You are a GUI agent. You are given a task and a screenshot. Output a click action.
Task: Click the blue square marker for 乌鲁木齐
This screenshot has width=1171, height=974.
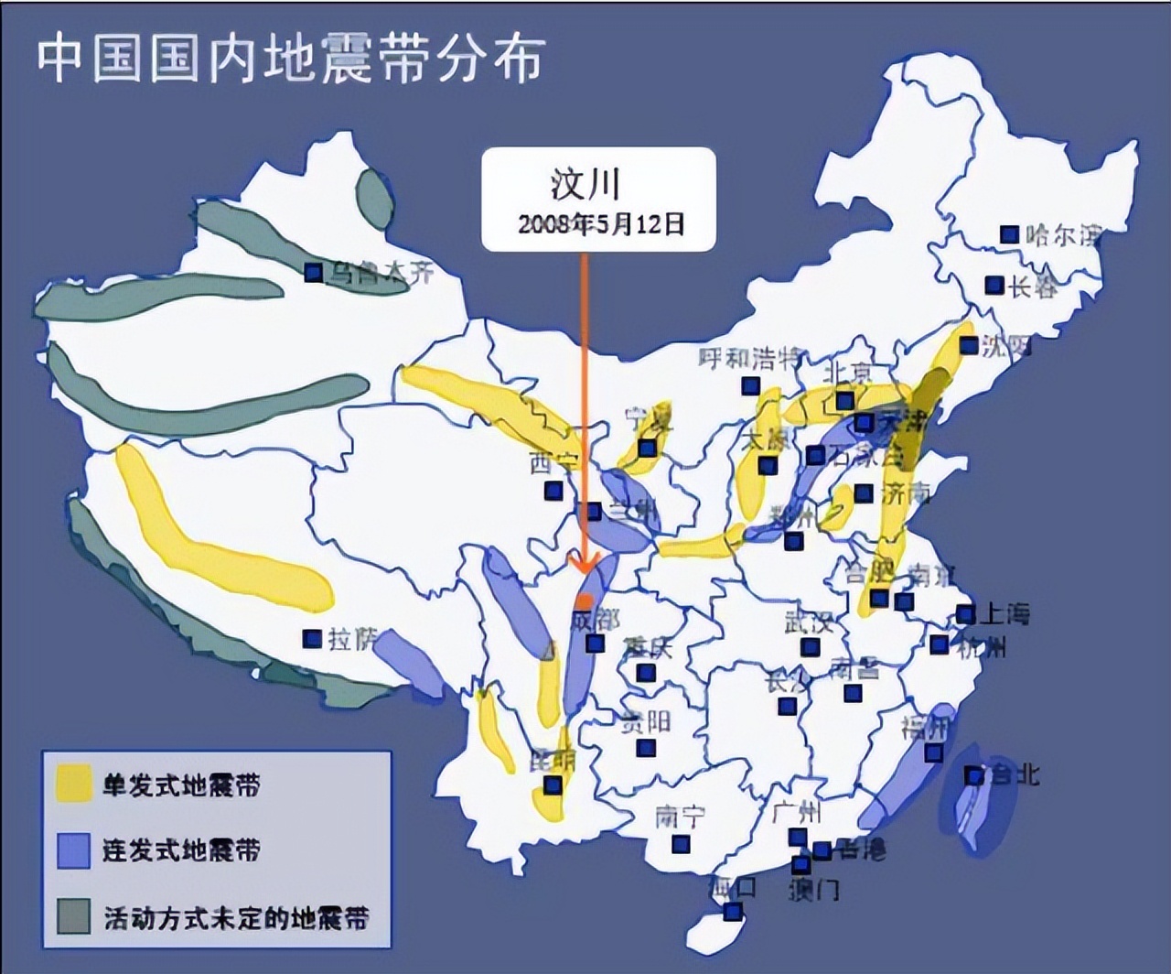[313, 272]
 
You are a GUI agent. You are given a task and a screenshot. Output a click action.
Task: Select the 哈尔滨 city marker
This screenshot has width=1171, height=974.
[1008, 235]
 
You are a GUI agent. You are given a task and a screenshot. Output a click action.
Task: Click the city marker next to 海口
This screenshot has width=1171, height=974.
[732, 912]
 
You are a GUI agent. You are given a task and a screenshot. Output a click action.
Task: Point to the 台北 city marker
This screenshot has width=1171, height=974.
[975, 776]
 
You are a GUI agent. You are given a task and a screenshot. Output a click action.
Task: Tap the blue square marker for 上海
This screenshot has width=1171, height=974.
[965, 613]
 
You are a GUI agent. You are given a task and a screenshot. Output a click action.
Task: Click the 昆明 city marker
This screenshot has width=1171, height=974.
[552, 785]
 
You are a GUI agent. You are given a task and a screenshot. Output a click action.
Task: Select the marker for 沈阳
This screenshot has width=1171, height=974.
[969, 345]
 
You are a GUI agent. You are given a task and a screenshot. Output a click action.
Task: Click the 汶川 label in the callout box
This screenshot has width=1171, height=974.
[585, 183]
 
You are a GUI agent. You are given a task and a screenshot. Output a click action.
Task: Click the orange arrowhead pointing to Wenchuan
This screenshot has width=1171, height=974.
[584, 560]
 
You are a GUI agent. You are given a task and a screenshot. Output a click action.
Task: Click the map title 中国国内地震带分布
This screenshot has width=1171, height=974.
[291, 60]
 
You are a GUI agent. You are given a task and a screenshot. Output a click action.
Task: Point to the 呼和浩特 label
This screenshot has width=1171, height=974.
[749, 358]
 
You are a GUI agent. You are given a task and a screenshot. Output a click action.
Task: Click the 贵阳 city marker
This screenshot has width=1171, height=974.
[646, 748]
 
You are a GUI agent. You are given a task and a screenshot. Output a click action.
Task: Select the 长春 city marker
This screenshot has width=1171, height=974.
[994, 286]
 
